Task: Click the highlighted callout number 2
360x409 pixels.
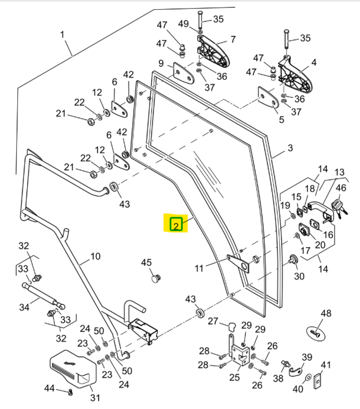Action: pos(176,223)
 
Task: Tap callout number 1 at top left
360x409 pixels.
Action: pos(63,35)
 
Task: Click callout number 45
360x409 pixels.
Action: pos(147,263)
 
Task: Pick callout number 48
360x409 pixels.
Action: pos(326,313)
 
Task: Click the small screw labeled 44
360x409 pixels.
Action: pos(70,392)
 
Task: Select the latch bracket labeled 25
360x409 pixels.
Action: pos(237,352)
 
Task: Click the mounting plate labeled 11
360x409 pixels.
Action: pos(238,262)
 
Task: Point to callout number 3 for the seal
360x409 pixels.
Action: pos(290,148)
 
